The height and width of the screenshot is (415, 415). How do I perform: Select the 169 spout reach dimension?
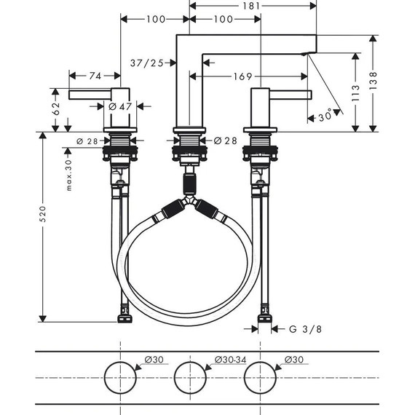[x=244, y=76]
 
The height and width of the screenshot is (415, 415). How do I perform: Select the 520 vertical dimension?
[x=42, y=213]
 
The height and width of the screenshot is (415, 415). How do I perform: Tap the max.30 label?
[x=68, y=175]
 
